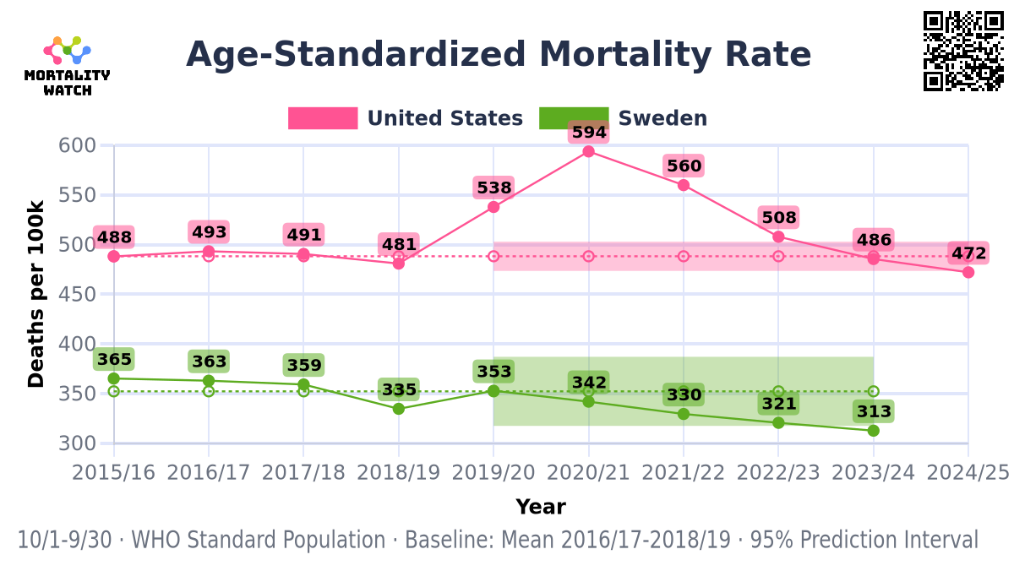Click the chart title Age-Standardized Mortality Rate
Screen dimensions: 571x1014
pyautogui.click(x=499, y=55)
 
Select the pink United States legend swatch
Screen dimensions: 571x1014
pyautogui.click(x=323, y=118)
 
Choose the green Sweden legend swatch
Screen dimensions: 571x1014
pyautogui.click(x=574, y=118)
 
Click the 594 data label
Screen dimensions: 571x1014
pyautogui.click(x=589, y=133)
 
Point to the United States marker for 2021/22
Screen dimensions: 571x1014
pyautogui.click(x=684, y=185)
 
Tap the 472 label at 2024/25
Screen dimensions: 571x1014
pyautogui.click(x=968, y=253)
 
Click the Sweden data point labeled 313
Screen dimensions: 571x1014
pyautogui.click(x=873, y=431)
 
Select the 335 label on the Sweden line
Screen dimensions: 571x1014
pyautogui.click(x=399, y=389)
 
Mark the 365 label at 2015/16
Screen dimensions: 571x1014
pyautogui.click(x=114, y=360)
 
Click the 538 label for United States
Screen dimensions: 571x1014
pyautogui.click(x=494, y=188)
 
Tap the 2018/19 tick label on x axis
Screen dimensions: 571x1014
pyautogui.click(x=399, y=472)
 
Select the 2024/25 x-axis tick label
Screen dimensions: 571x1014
pyautogui.click(x=968, y=472)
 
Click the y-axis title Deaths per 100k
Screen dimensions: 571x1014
pyautogui.click(x=36, y=294)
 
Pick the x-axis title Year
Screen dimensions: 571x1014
pyautogui.click(x=541, y=507)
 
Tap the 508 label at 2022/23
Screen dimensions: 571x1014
pyautogui.click(x=779, y=218)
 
